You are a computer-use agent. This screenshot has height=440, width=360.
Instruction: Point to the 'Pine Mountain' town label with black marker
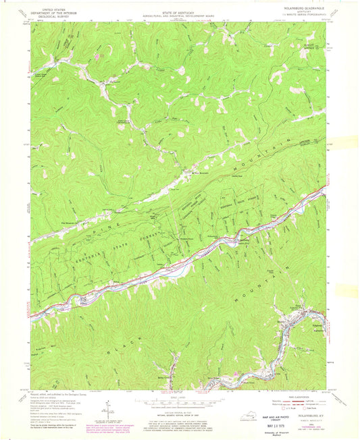(202, 173)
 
